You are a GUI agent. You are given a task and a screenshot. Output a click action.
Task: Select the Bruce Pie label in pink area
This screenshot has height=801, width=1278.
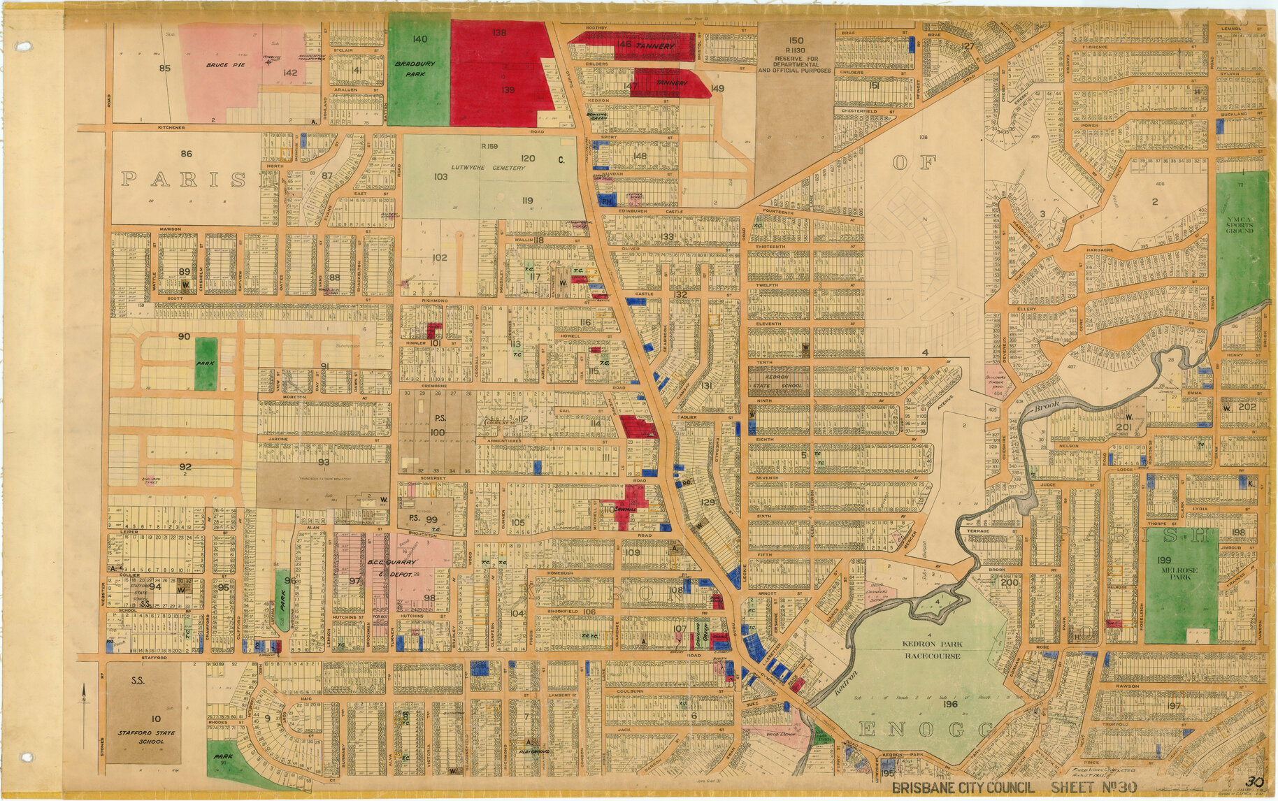click(x=219, y=64)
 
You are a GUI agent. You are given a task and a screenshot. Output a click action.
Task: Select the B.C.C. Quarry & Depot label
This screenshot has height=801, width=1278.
click(x=392, y=567)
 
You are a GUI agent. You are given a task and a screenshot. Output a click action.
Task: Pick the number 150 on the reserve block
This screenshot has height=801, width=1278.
click(x=796, y=41)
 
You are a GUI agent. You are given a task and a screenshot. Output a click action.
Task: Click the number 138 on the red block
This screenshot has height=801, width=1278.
click(x=498, y=33)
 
